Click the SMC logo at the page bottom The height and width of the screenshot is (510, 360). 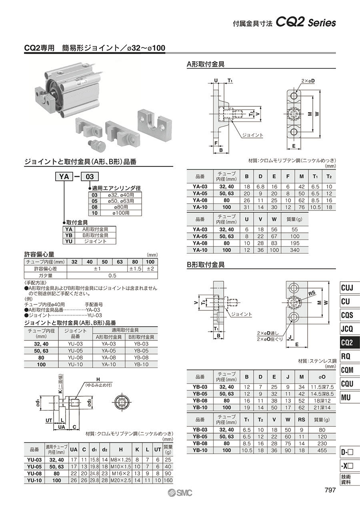click(x=180, y=493)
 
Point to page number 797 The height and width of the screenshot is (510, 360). click(x=330, y=490)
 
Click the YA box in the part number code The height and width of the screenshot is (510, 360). click(x=64, y=176)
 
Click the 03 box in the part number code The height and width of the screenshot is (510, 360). click(x=90, y=176)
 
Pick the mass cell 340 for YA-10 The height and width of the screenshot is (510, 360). click(x=295, y=250)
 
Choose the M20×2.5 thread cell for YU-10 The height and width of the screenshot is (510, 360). click(x=121, y=480)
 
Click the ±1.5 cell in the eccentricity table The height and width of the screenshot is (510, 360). click(x=135, y=269)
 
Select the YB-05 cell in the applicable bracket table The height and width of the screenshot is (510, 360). click(x=141, y=351)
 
